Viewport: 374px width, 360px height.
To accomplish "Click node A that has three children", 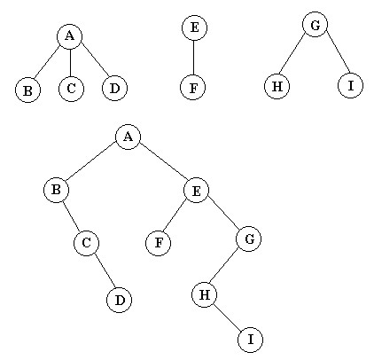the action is (x=69, y=36).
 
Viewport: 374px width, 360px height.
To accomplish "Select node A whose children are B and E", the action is (x=128, y=137).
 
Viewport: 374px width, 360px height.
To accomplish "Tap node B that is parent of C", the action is (x=56, y=190).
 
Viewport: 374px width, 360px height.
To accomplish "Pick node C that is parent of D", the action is (x=86, y=243).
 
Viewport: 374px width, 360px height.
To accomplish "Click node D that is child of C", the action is (x=119, y=300).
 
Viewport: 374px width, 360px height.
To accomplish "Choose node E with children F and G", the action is (x=196, y=191).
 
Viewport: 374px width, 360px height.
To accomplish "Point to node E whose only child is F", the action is (x=194, y=27).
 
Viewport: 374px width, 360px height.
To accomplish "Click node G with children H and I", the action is (x=316, y=25).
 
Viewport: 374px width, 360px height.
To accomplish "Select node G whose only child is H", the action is (x=249, y=239).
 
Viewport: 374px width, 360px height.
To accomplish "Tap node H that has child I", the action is (x=205, y=294).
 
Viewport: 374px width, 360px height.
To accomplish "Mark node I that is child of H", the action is (x=251, y=340).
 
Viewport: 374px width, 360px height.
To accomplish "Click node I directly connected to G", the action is (x=350, y=85).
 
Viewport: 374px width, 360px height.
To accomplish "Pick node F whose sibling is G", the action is (x=159, y=243).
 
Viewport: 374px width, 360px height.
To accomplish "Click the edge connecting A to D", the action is (x=95, y=60).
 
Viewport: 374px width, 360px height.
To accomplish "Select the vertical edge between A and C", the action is (x=70, y=62).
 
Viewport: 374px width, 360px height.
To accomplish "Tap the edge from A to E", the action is (x=163, y=163).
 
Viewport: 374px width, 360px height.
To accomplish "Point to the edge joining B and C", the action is (x=72, y=216).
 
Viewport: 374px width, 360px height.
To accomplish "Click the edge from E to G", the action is (x=223, y=215).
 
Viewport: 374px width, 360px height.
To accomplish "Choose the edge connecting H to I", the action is (x=228, y=317).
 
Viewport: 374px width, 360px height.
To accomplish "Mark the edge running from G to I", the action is (x=339, y=51).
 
